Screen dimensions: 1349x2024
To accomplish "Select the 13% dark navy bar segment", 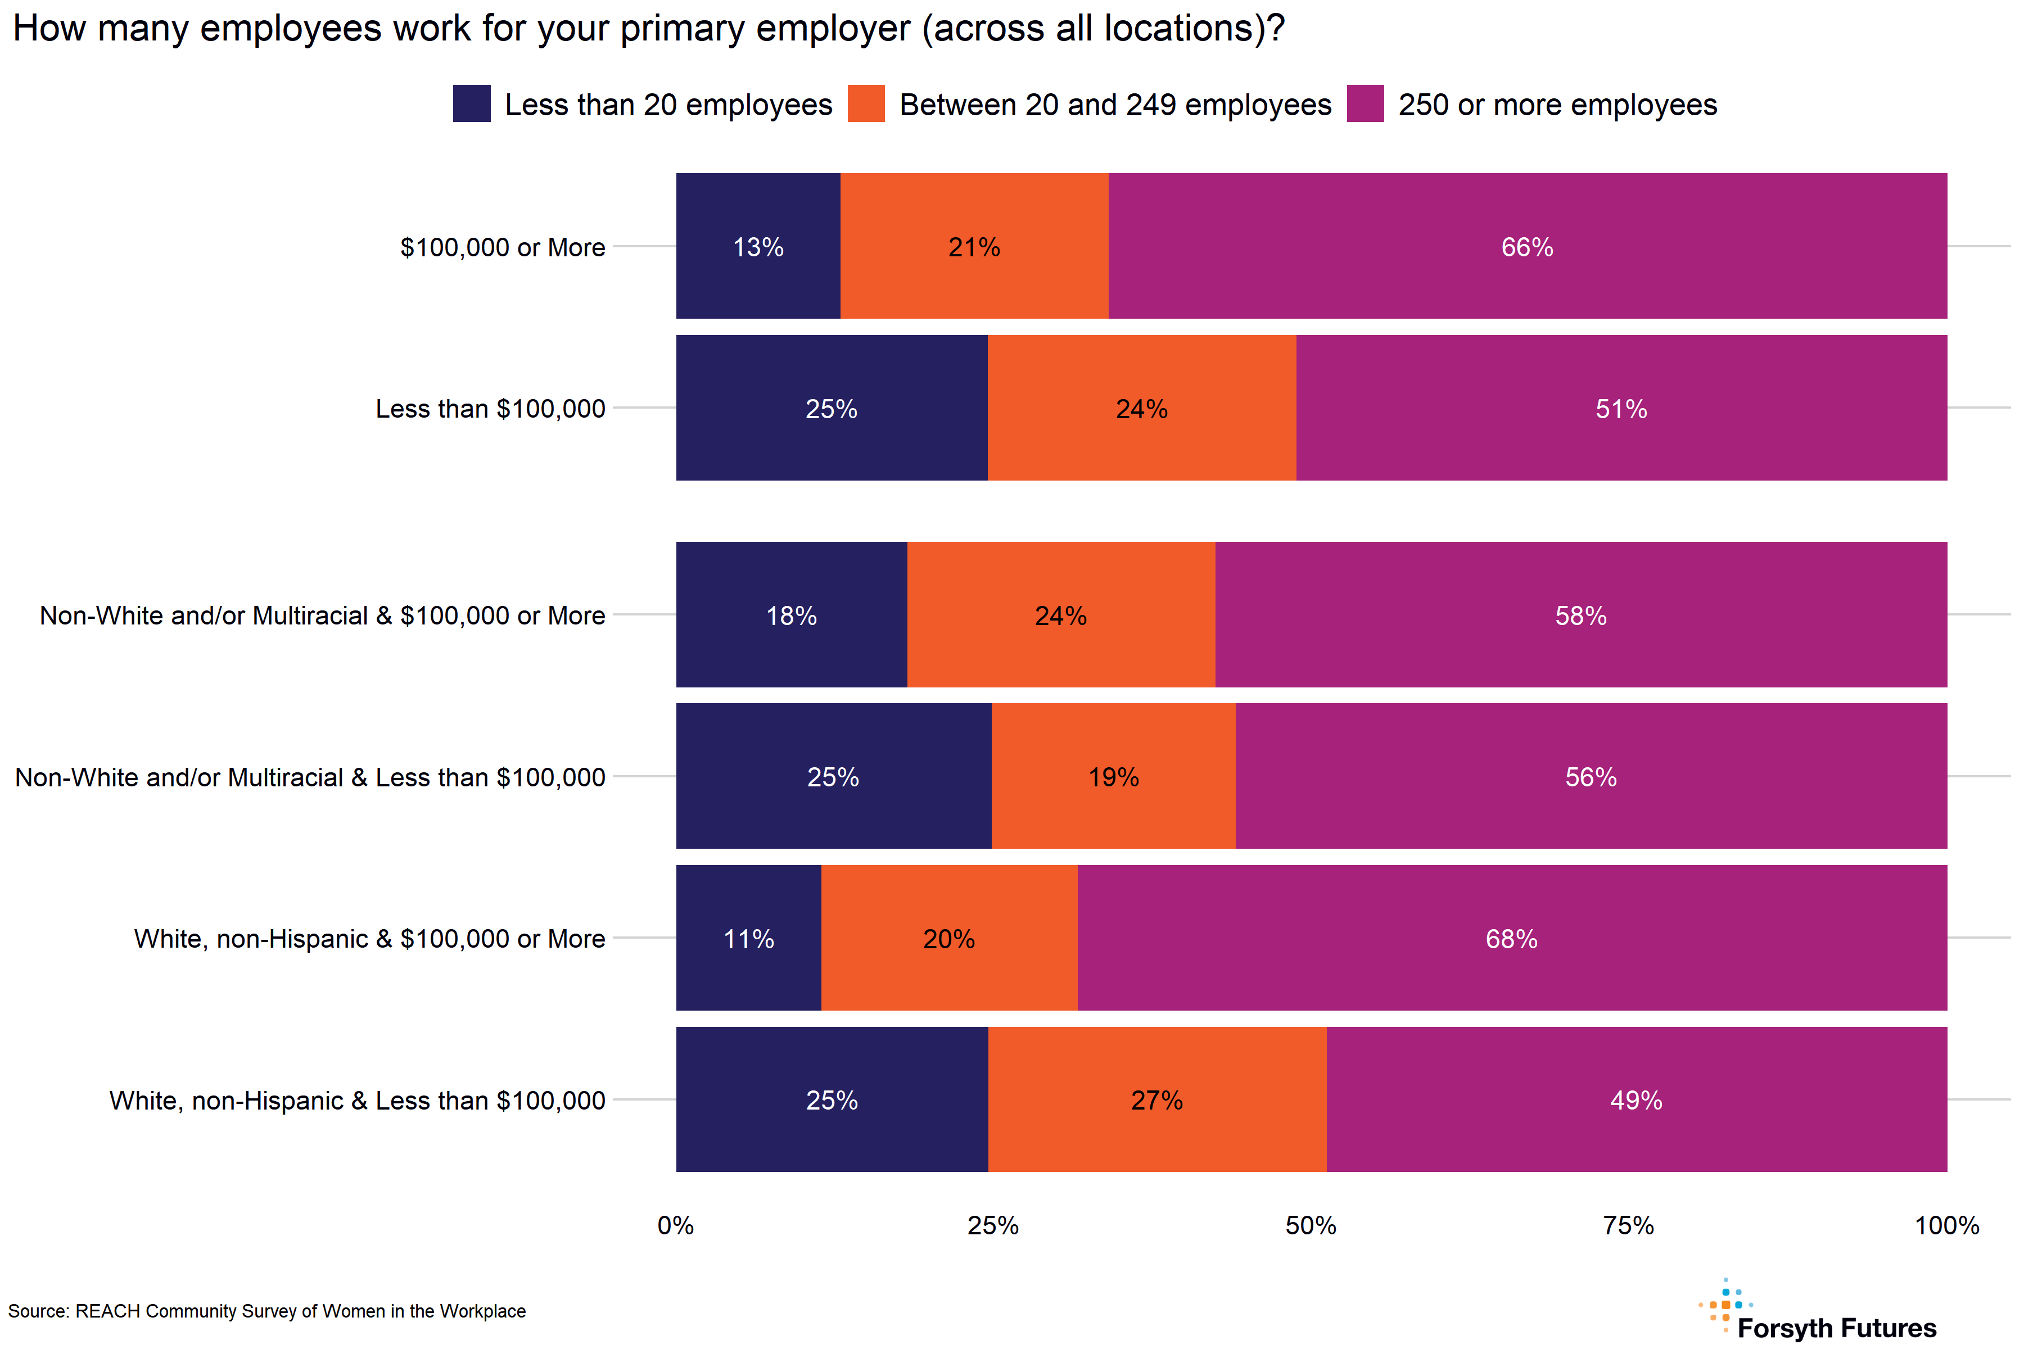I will pyautogui.click(x=757, y=246).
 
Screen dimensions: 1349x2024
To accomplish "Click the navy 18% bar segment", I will pyautogui.click(x=791, y=614).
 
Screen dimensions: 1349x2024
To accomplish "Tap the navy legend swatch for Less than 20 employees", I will pyautogui.click(x=472, y=103).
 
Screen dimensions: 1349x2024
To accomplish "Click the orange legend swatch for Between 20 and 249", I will pyautogui.click(x=866, y=103).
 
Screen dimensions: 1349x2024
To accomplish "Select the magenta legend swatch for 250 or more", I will pyautogui.click(x=1365, y=103).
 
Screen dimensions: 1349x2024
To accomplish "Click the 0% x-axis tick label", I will pyautogui.click(x=676, y=1225).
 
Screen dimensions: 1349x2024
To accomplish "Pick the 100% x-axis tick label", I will pyautogui.click(x=1946, y=1225).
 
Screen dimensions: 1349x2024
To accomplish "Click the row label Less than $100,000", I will pyautogui.click(x=490, y=409).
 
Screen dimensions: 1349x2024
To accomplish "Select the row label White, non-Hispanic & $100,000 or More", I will pyautogui.click(x=369, y=939).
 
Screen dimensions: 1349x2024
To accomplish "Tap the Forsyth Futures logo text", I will pyautogui.click(x=1836, y=1328).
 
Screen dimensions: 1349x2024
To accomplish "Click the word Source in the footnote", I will pyautogui.click(x=37, y=1311).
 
